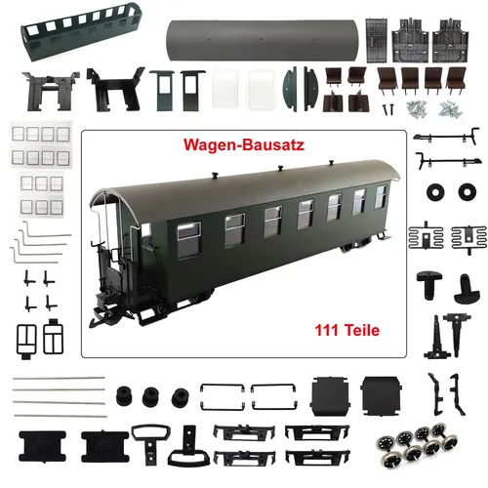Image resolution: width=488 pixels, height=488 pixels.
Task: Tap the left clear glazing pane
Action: (225, 91)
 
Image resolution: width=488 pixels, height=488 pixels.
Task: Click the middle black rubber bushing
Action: (151, 397)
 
